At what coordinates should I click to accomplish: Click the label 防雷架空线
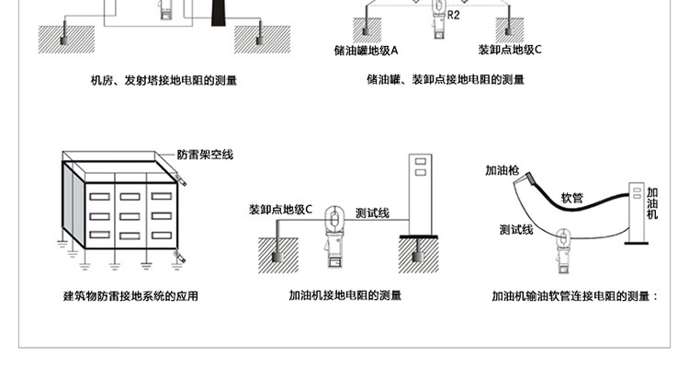click(205, 155)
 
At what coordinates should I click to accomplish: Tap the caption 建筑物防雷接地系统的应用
click(130, 296)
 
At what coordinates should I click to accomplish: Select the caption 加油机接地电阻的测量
click(345, 295)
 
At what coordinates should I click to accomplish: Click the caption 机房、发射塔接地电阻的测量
click(164, 81)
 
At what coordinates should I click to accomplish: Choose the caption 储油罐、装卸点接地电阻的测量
click(446, 80)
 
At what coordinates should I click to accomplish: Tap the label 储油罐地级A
click(366, 51)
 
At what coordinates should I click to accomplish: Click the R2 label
click(454, 16)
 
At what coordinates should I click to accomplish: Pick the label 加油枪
click(502, 170)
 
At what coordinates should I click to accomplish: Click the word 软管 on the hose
click(571, 198)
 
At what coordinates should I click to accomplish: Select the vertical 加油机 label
click(652, 203)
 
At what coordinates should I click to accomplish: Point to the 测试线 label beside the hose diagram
click(516, 230)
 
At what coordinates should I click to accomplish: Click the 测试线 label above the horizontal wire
click(372, 213)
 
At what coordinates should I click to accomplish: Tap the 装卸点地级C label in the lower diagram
click(280, 210)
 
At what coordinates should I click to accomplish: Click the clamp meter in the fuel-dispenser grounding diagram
click(334, 236)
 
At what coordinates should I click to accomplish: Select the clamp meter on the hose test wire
click(563, 250)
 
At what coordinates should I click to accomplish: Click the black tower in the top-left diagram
click(217, 13)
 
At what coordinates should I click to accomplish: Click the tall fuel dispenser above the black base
click(421, 194)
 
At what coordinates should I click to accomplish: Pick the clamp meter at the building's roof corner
click(181, 179)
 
